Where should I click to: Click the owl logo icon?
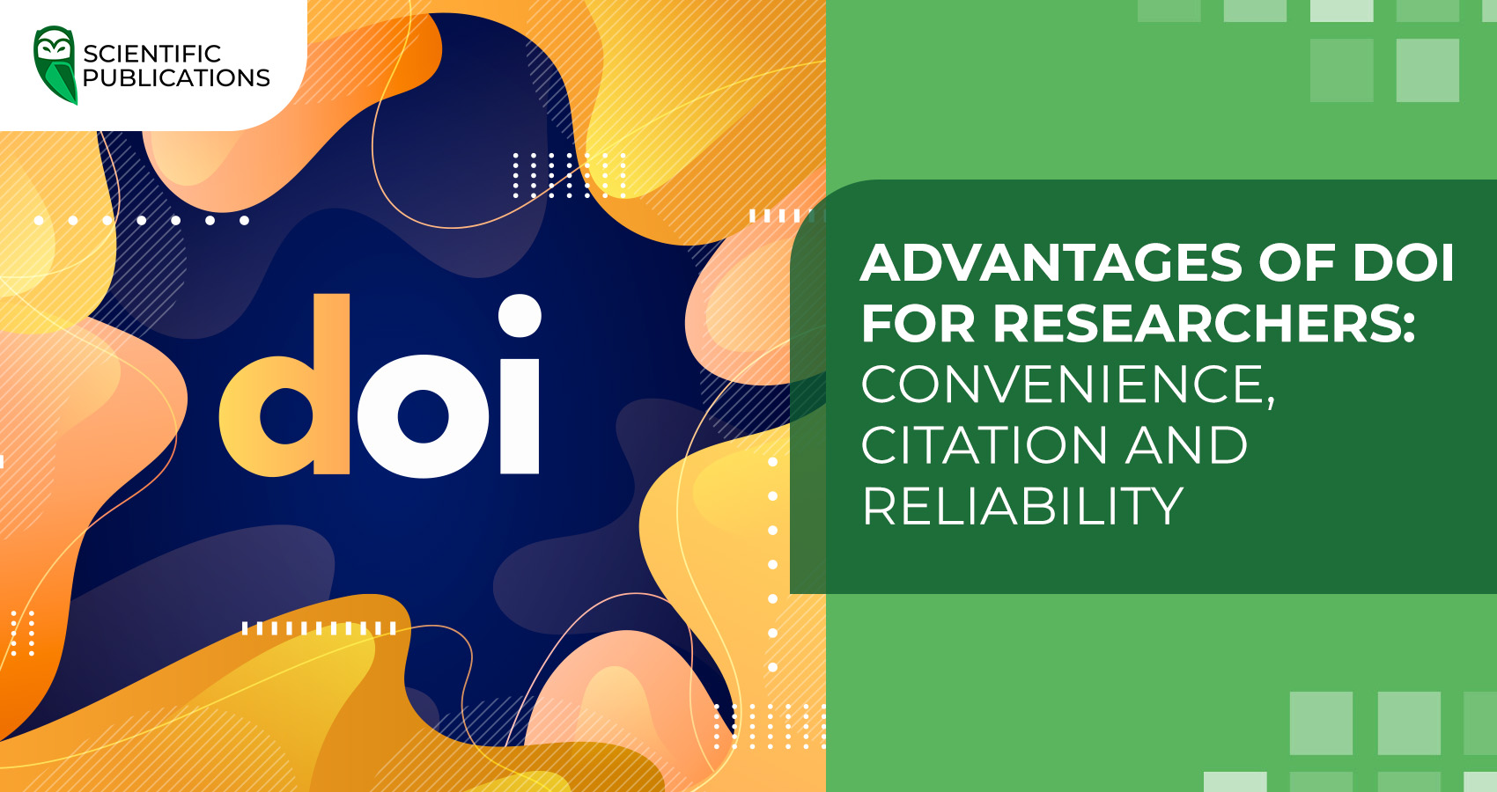55,64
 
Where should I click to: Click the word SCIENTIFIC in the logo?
151,54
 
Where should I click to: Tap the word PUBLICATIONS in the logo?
176,78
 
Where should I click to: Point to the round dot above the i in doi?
520,315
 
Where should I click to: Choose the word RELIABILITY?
1022,506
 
